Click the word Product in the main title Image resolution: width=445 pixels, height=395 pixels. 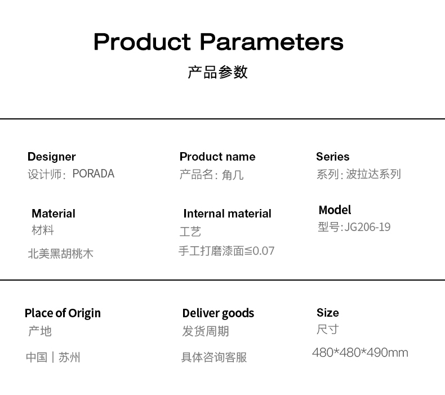coord(142,42)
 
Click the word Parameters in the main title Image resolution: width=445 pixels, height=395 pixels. coord(272,42)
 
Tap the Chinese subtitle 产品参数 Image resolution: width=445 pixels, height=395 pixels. coord(217,72)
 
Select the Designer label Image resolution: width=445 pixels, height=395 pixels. coord(52,157)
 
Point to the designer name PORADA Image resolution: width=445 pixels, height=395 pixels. coord(94,174)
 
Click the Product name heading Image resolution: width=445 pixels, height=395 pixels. coord(217,157)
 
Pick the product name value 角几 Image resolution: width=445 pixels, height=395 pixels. coord(233,175)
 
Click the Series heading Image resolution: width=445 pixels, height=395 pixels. coord(332,157)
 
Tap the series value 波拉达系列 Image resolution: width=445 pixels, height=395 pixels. coord(373,174)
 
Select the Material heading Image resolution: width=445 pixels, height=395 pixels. coord(54,214)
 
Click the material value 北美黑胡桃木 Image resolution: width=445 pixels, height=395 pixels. coord(60,254)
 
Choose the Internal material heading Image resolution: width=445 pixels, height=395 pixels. coord(228,214)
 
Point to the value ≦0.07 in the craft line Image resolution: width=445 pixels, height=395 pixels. coord(259,251)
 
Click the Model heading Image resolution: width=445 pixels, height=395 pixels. coord(335,210)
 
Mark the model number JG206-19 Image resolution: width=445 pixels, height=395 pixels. coord(367,227)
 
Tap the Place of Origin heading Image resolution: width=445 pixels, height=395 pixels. coord(63,313)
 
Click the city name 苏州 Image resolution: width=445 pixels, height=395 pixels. coord(69,357)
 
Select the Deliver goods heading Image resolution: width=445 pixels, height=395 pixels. coord(218,313)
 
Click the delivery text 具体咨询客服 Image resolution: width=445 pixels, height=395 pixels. coord(214,357)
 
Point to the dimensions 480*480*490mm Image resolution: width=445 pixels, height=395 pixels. coord(360,352)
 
